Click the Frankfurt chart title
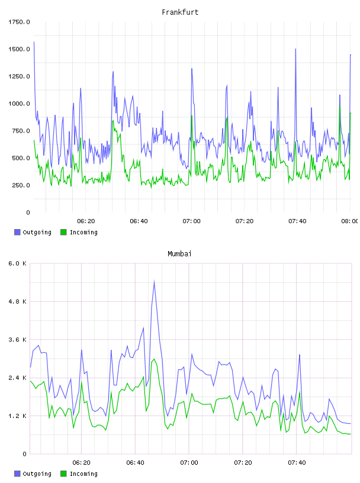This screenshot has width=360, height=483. coord(180,12)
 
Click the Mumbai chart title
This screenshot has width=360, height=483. coord(179,254)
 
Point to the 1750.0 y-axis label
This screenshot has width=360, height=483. coord(19,22)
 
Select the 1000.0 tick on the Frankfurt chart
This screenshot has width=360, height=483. coord(19,104)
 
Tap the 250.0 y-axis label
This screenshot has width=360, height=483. coord(21,185)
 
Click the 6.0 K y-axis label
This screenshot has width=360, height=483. coord(18,263)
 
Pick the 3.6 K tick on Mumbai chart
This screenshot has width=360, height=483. coord(18,340)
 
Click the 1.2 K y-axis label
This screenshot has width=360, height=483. coord(18,416)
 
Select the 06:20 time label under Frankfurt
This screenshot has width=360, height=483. coord(86,221)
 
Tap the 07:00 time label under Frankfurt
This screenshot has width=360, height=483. coord(191,221)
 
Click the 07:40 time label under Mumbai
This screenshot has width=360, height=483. coord(297,462)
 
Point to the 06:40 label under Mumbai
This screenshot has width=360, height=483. coord(136,462)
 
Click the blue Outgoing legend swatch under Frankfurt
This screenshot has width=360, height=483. coord(17,232)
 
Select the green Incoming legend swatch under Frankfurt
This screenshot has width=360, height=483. coord(63,232)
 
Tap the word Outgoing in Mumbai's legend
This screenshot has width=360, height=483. coord(37,474)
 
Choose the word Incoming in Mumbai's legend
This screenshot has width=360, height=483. coord(83,474)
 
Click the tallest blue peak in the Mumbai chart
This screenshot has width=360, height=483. coord(154,281)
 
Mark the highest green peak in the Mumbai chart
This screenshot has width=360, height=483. coord(154,359)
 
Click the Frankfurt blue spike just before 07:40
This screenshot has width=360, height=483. coord(295,49)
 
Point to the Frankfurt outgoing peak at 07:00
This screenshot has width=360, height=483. coord(192,69)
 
